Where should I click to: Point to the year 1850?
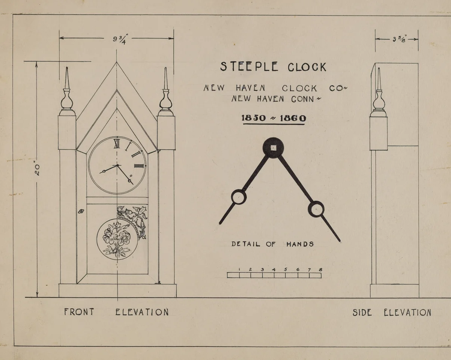tap(254, 118)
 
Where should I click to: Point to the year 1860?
tap(293, 118)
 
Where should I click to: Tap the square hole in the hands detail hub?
tap(273, 147)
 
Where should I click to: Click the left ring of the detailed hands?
tap(238, 197)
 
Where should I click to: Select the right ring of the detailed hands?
tap(316, 209)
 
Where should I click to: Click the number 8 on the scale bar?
tap(321, 269)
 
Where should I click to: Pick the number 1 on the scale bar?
tap(239, 269)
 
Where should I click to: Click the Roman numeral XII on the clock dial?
tap(117, 143)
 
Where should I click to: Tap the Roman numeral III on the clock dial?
tap(139, 166)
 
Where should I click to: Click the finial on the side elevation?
tap(378, 94)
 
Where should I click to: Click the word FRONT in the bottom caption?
tap(79, 312)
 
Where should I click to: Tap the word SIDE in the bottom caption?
tap(362, 313)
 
